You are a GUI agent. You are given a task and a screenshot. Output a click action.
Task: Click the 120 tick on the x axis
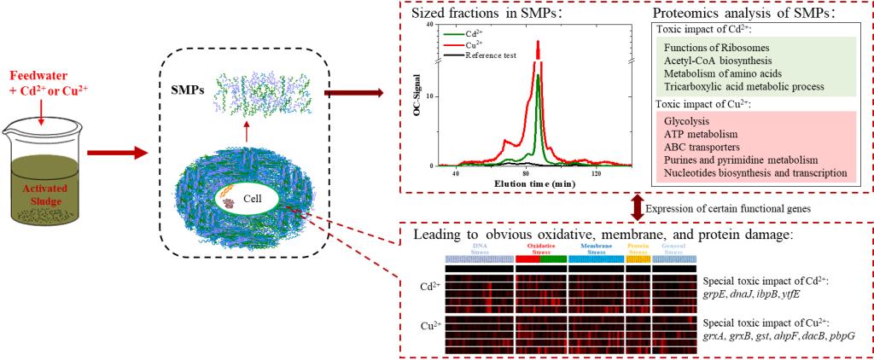click(x=597, y=173)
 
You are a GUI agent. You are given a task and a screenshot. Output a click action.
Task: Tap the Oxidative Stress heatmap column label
click(x=539, y=248)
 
